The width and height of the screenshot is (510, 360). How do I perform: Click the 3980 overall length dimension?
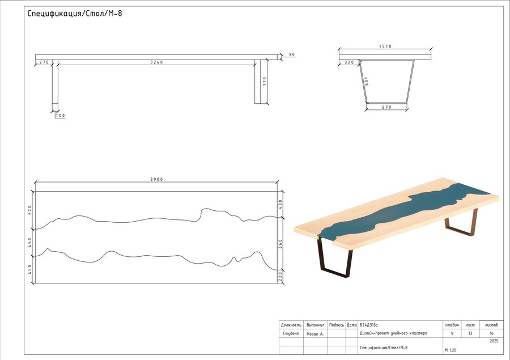tap(156, 179)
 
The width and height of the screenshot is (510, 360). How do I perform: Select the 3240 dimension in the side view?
tap(156, 62)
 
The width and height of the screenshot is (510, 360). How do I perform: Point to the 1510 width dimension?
tap(385, 46)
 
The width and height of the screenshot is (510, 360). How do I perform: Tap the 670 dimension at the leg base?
tap(386, 107)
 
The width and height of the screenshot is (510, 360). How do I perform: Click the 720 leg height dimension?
tap(265, 81)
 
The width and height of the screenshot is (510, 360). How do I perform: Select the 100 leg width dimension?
tap(60, 116)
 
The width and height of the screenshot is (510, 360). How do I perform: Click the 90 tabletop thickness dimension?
tap(292, 55)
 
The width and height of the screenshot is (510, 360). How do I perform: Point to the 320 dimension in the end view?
tap(348, 62)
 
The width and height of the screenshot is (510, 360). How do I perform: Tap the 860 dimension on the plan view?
tap(279, 243)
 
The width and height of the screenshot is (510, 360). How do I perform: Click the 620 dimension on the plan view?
tap(31, 210)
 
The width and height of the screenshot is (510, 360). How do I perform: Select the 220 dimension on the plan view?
tap(279, 276)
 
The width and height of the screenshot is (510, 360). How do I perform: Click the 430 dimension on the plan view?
tap(279, 202)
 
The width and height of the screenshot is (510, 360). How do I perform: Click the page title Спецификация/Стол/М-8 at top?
tap(75, 14)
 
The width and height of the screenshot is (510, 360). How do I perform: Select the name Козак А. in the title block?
tap(315, 334)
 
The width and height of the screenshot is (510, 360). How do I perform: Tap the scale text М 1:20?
tap(451, 350)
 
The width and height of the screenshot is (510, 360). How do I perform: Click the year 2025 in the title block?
tap(493, 342)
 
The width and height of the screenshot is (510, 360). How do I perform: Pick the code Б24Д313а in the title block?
tap(368, 325)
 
